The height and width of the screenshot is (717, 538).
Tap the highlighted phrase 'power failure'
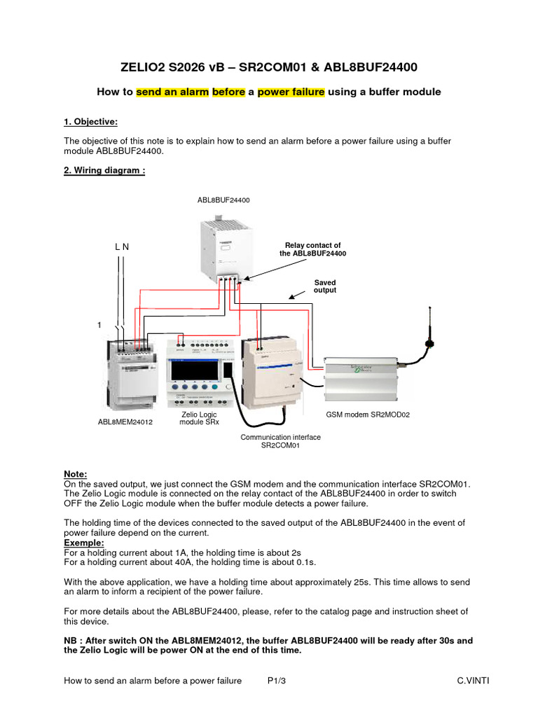(291, 92)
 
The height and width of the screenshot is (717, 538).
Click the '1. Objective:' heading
(90, 122)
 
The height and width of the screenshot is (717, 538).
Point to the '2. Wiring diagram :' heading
(104, 171)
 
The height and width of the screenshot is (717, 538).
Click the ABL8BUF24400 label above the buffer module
(223, 200)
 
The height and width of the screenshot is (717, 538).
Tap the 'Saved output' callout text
(324, 286)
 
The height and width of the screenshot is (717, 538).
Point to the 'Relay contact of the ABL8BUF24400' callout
(313, 249)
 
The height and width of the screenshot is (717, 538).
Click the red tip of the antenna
(430, 343)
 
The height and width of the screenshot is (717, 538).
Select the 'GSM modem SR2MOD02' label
(368, 415)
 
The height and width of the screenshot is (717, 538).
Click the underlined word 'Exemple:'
(83, 543)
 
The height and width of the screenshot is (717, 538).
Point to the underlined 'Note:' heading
(76, 474)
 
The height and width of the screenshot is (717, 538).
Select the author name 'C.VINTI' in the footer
(472, 681)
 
